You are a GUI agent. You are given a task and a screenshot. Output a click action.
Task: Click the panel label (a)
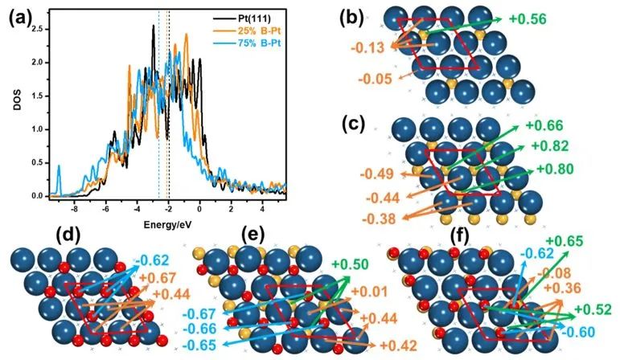coord(18,16)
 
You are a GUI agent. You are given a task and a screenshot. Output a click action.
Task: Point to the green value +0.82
coord(551,145)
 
